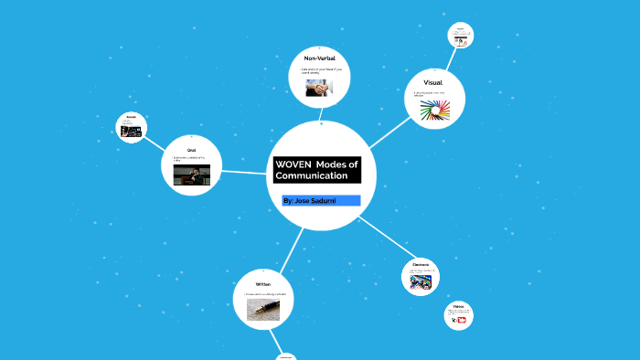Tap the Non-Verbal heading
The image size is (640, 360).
point(319,58)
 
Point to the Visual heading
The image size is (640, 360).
point(432,83)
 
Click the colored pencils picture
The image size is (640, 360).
point(435,111)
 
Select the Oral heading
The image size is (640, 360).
point(191,149)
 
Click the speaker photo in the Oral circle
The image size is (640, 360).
point(191,175)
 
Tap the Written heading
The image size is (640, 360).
point(262,284)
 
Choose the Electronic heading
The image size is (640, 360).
point(421,264)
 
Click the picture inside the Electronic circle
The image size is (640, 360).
point(421,282)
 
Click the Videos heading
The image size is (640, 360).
point(458,306)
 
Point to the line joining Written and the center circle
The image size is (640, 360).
point(292,248)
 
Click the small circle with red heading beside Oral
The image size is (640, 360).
point(132,128)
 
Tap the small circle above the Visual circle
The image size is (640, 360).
point(460,36)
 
